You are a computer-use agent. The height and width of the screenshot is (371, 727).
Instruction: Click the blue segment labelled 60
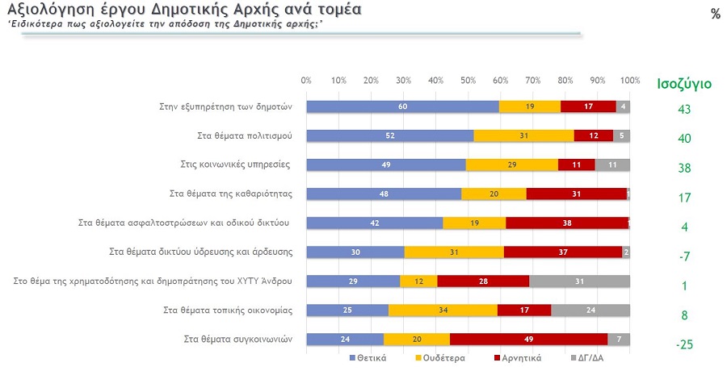coord(402,106)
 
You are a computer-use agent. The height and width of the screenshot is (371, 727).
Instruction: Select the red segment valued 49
coord(528,339)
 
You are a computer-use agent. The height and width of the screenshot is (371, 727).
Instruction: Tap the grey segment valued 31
coord(579,281)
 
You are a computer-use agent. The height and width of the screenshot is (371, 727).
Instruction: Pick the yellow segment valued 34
coord(443,310)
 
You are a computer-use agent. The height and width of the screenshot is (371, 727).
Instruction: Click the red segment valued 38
coord(567,223)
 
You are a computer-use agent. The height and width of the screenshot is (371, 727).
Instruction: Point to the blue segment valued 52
coord(389,135)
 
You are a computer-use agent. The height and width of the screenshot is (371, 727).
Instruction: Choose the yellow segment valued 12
coord(418,281)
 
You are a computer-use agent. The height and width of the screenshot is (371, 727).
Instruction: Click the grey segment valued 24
coord(590,310)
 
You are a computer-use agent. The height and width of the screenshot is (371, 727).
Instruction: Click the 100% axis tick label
coord(630,80)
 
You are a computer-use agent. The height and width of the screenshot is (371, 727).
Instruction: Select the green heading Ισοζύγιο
coord(683,82)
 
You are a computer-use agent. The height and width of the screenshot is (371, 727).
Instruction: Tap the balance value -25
coord(684,344)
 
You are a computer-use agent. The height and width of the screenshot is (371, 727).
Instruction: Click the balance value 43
coord(684,110)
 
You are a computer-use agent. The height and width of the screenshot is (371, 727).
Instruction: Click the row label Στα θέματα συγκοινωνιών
coord(244,339)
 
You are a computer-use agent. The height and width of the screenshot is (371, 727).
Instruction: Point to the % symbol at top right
coord(715,14)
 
